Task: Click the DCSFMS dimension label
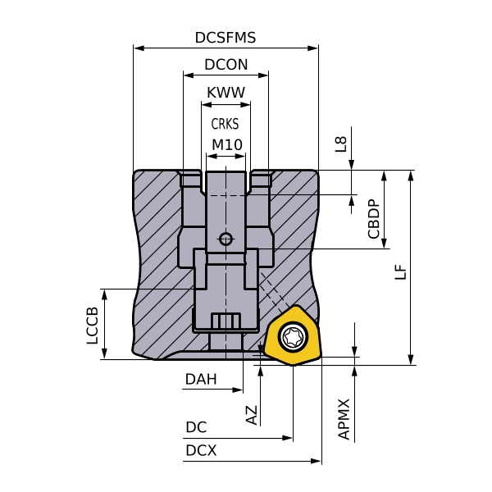(225, 38)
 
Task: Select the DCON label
(225, 65)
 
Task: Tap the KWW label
(225, 93)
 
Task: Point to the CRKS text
(225, 125)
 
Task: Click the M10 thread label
(226, 145)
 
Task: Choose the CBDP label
(374, 219)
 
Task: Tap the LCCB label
(93, 326)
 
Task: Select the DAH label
(201, 379)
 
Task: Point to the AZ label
(252, 414)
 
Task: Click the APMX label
(344, 419)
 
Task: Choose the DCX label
(201, 450)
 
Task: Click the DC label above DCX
(196, 427)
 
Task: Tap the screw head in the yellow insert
(293, 336)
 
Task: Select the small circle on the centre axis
(225, 239)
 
